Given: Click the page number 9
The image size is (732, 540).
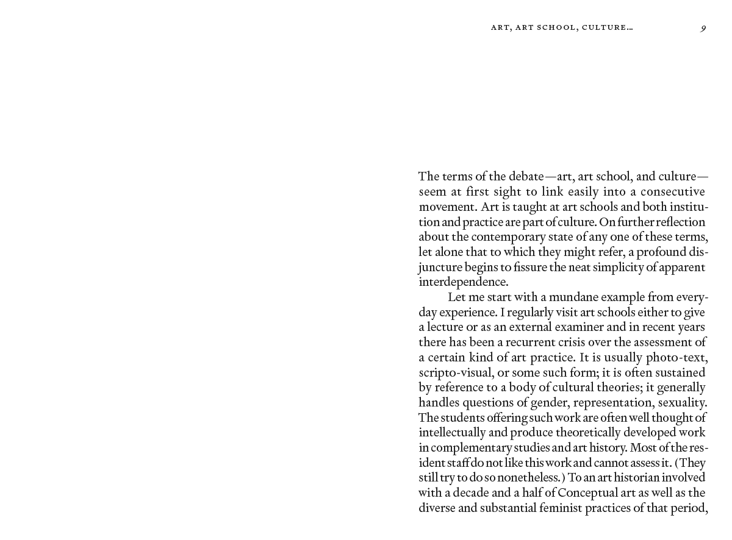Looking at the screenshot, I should pos(703,28).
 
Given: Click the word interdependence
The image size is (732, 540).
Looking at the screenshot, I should pos(462,282).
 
